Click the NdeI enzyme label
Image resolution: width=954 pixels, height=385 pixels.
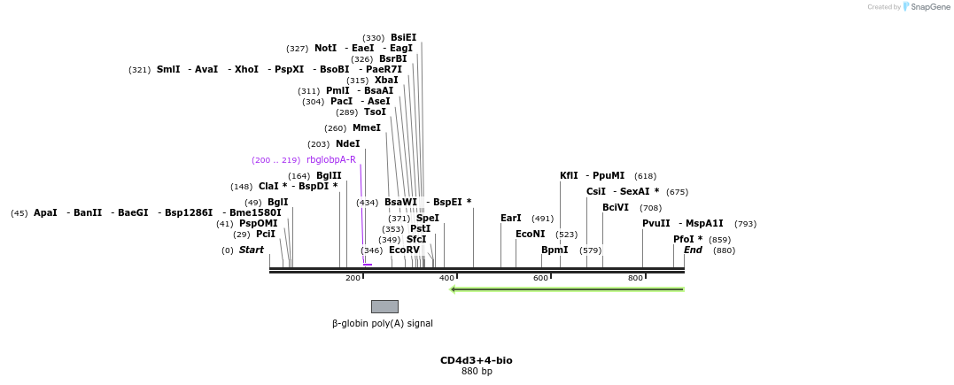347,143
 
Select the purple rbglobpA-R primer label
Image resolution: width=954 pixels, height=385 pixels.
330,160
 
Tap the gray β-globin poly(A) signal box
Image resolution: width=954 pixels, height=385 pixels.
384,306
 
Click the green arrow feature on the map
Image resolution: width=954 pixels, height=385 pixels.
567,289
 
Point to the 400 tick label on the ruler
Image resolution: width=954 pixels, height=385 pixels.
446,279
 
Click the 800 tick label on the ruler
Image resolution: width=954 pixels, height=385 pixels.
635,279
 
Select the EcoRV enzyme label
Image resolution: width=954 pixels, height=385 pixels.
404,250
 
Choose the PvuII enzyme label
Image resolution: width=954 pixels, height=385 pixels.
655,224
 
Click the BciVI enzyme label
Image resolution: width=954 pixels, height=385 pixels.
615,208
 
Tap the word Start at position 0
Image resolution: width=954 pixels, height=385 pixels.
251,250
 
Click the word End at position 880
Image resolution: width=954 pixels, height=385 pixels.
693,250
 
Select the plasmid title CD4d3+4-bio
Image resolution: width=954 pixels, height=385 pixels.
476,361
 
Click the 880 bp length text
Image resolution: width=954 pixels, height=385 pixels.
477,372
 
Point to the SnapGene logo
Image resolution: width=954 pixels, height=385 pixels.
927,7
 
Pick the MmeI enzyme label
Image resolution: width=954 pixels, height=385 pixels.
366,128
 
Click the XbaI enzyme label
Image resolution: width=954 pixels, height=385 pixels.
386,81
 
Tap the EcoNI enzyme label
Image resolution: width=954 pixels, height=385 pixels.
530,235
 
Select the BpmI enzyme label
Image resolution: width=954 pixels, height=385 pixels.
555,250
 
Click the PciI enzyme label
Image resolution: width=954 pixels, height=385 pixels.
266,235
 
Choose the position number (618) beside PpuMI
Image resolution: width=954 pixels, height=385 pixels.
645,176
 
